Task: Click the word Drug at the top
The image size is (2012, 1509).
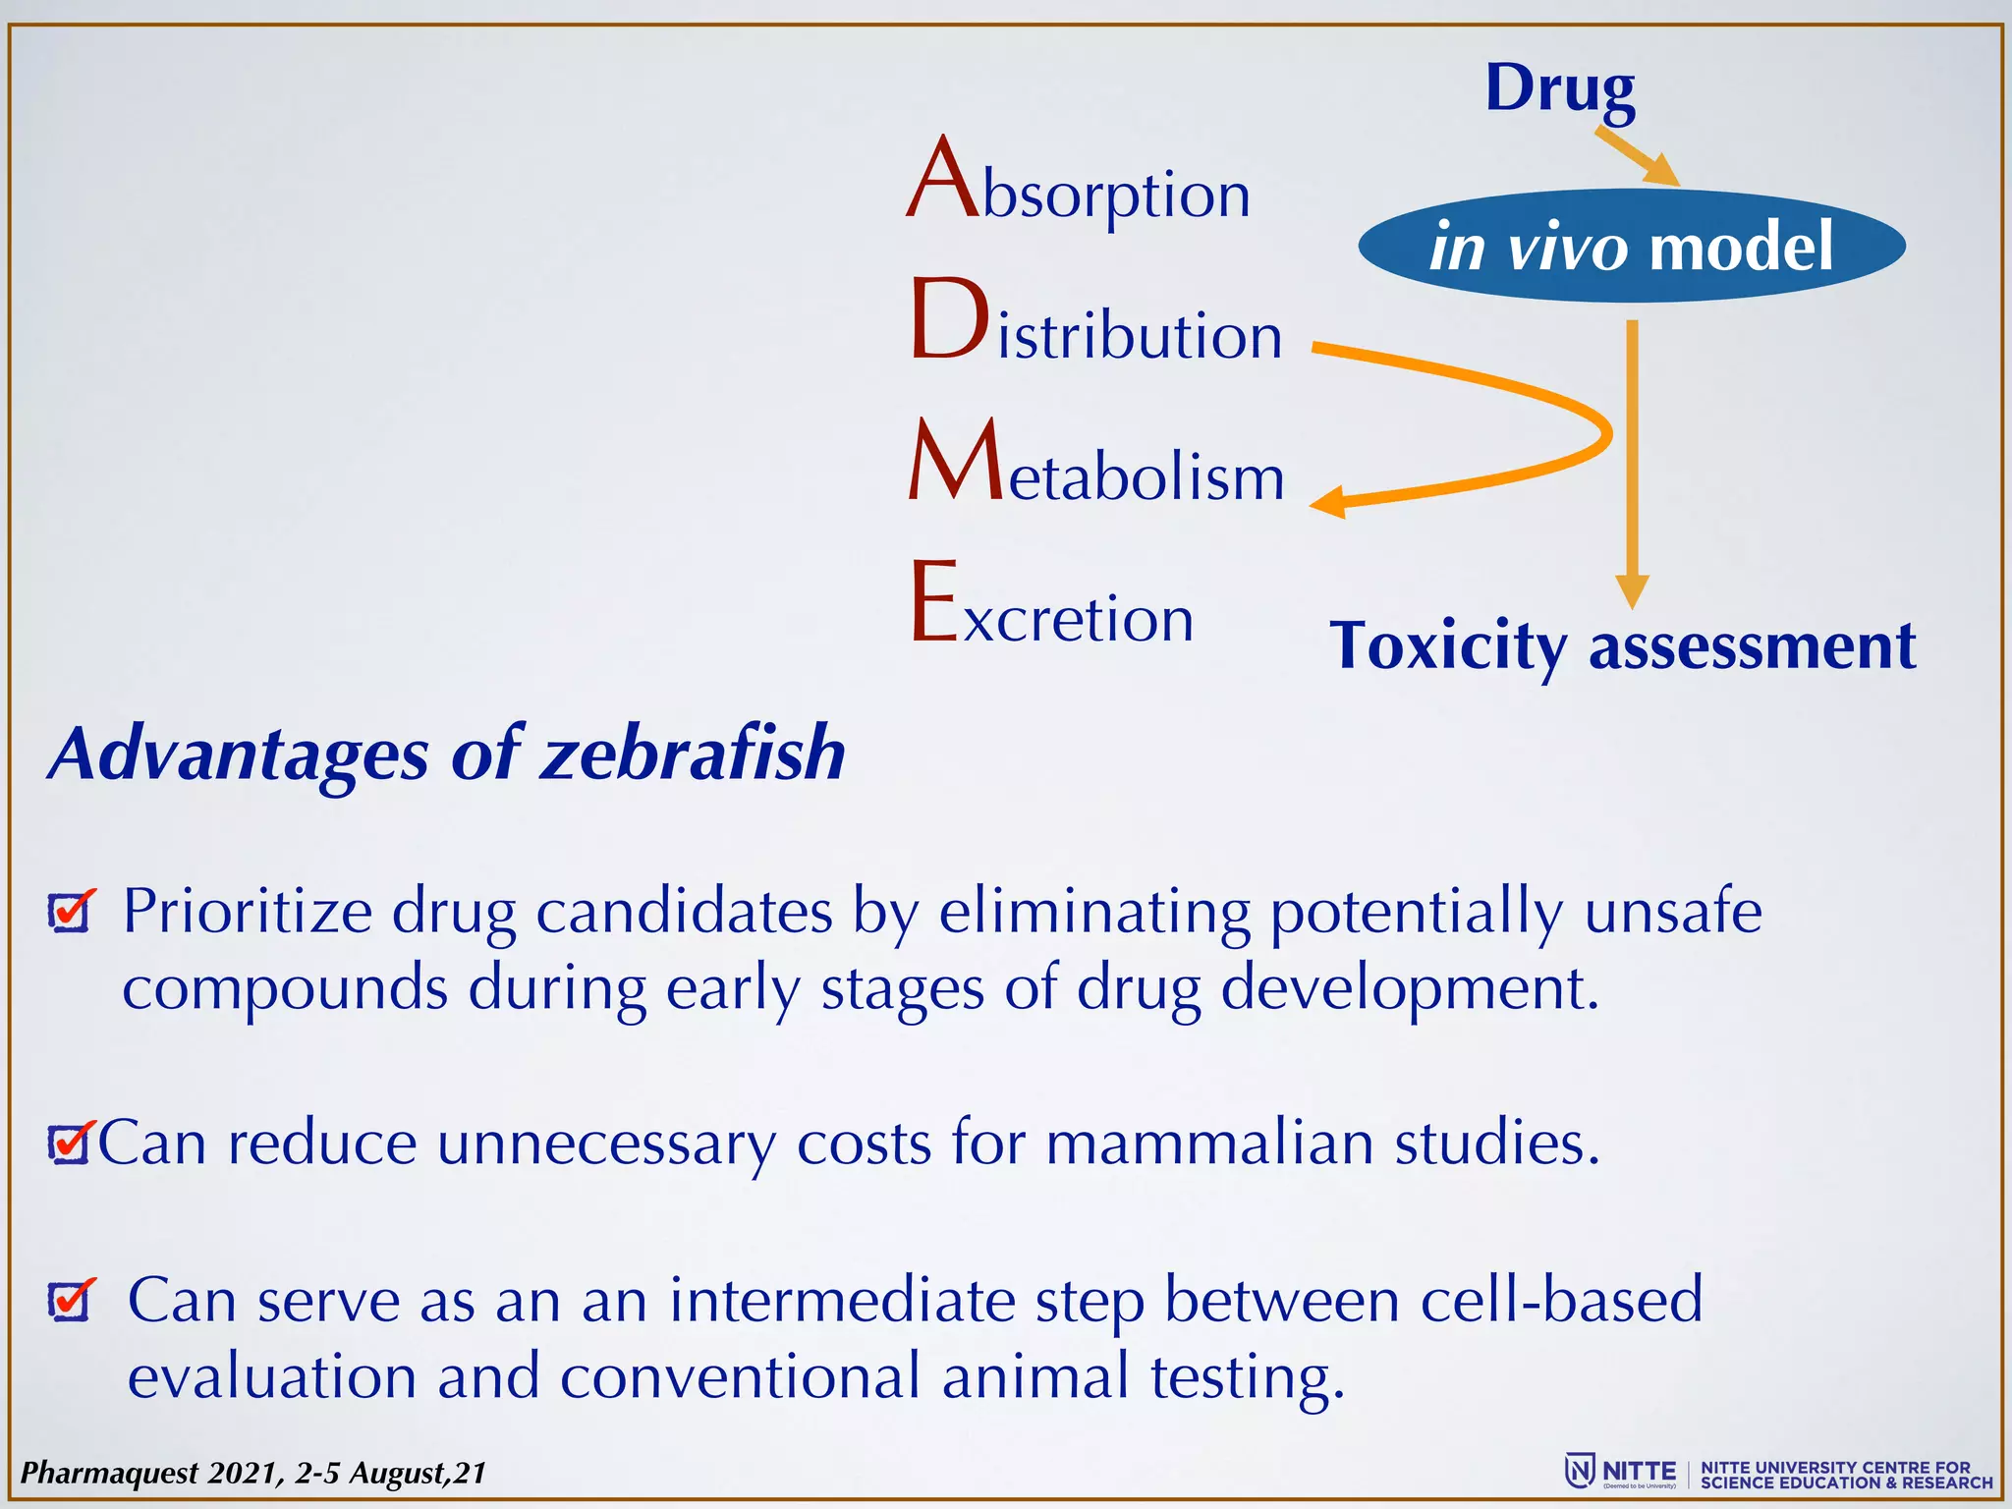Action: click(x=1559, y=88)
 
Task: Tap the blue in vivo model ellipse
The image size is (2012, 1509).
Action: click(x=1631, y=246)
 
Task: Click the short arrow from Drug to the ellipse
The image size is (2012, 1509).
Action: click(x=1636, y=155)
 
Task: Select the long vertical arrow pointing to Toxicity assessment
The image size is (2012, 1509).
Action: click(x=1632, y=462)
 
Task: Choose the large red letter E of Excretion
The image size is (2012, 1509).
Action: click(x=933, y=601)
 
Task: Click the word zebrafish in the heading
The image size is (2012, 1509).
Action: click(x=693, y=754)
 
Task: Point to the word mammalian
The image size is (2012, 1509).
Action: click(x=1209, y=1144)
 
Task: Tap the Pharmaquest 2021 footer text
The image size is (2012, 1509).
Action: click(x=253, y=1473)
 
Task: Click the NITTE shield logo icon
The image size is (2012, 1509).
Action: click(x=1579, y=1471)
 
